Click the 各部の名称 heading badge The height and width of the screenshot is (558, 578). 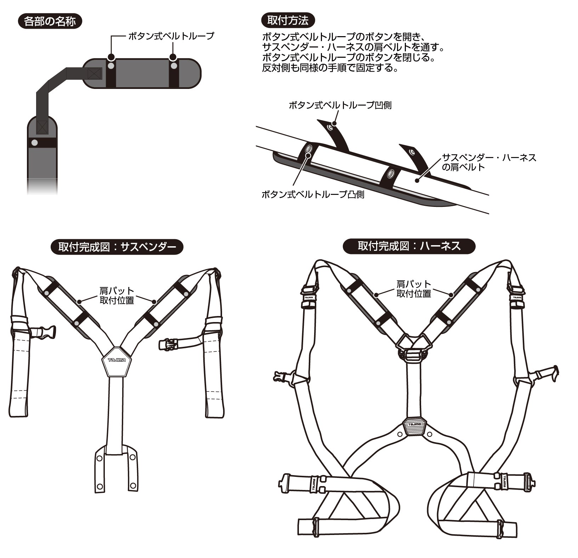(50, 21)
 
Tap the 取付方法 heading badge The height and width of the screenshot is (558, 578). (288, 21)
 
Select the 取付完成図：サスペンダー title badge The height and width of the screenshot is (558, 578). (117, 247)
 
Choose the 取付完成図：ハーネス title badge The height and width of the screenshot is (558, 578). (409, 246)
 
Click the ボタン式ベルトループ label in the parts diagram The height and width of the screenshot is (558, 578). (171, 36)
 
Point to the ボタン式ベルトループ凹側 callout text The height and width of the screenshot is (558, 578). (340, 105)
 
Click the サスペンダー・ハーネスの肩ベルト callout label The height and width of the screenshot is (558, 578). (489, 162)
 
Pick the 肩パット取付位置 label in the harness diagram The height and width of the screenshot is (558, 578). (414, 288)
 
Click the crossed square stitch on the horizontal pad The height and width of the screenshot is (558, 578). (94, 74)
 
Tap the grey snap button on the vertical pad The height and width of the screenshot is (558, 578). (34, 143)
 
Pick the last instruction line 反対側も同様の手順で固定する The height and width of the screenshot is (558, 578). (330, 68)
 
